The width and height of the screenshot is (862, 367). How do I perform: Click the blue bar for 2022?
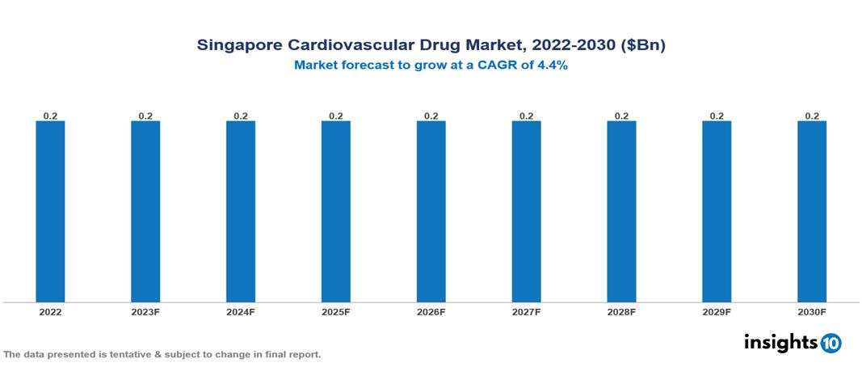pyautogui.click(x=50, y=212)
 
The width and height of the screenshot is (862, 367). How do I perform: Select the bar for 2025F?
pyautogui.click(x=336, y=212)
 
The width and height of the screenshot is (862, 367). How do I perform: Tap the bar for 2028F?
pyautogui.click(x=621, y=212)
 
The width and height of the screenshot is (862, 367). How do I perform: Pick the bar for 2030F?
pyautogui.click(x=812, y=212)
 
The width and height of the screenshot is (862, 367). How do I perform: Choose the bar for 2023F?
pyautogui.click(x=145, y=212)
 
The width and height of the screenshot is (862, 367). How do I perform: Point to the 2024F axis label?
pyautogui.click(x=241, y=312)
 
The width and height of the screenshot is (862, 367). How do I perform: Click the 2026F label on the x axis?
pyautogui.click(x=431, y=312)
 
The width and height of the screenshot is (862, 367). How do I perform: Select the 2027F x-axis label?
pyautogui.click(x=526, y=312)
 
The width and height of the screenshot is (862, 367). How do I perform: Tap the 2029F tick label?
pyautogui.click(x=717, y=312)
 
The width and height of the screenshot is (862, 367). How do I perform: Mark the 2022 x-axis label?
pyautogui.click(x=50, y=312)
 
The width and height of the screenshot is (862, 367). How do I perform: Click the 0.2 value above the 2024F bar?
pyautogui.click(x=241, y=116)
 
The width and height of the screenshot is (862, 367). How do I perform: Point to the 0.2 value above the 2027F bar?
pyautogui.click(x=526, y=116)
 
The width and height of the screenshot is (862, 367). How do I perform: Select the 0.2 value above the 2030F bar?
pyautogui.click(x=812, y=116)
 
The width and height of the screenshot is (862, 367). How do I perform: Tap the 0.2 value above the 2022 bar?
pyautogui.click(x=50, y=116)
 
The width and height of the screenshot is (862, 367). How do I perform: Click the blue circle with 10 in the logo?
pyautogui.click(x=830, y=343)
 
